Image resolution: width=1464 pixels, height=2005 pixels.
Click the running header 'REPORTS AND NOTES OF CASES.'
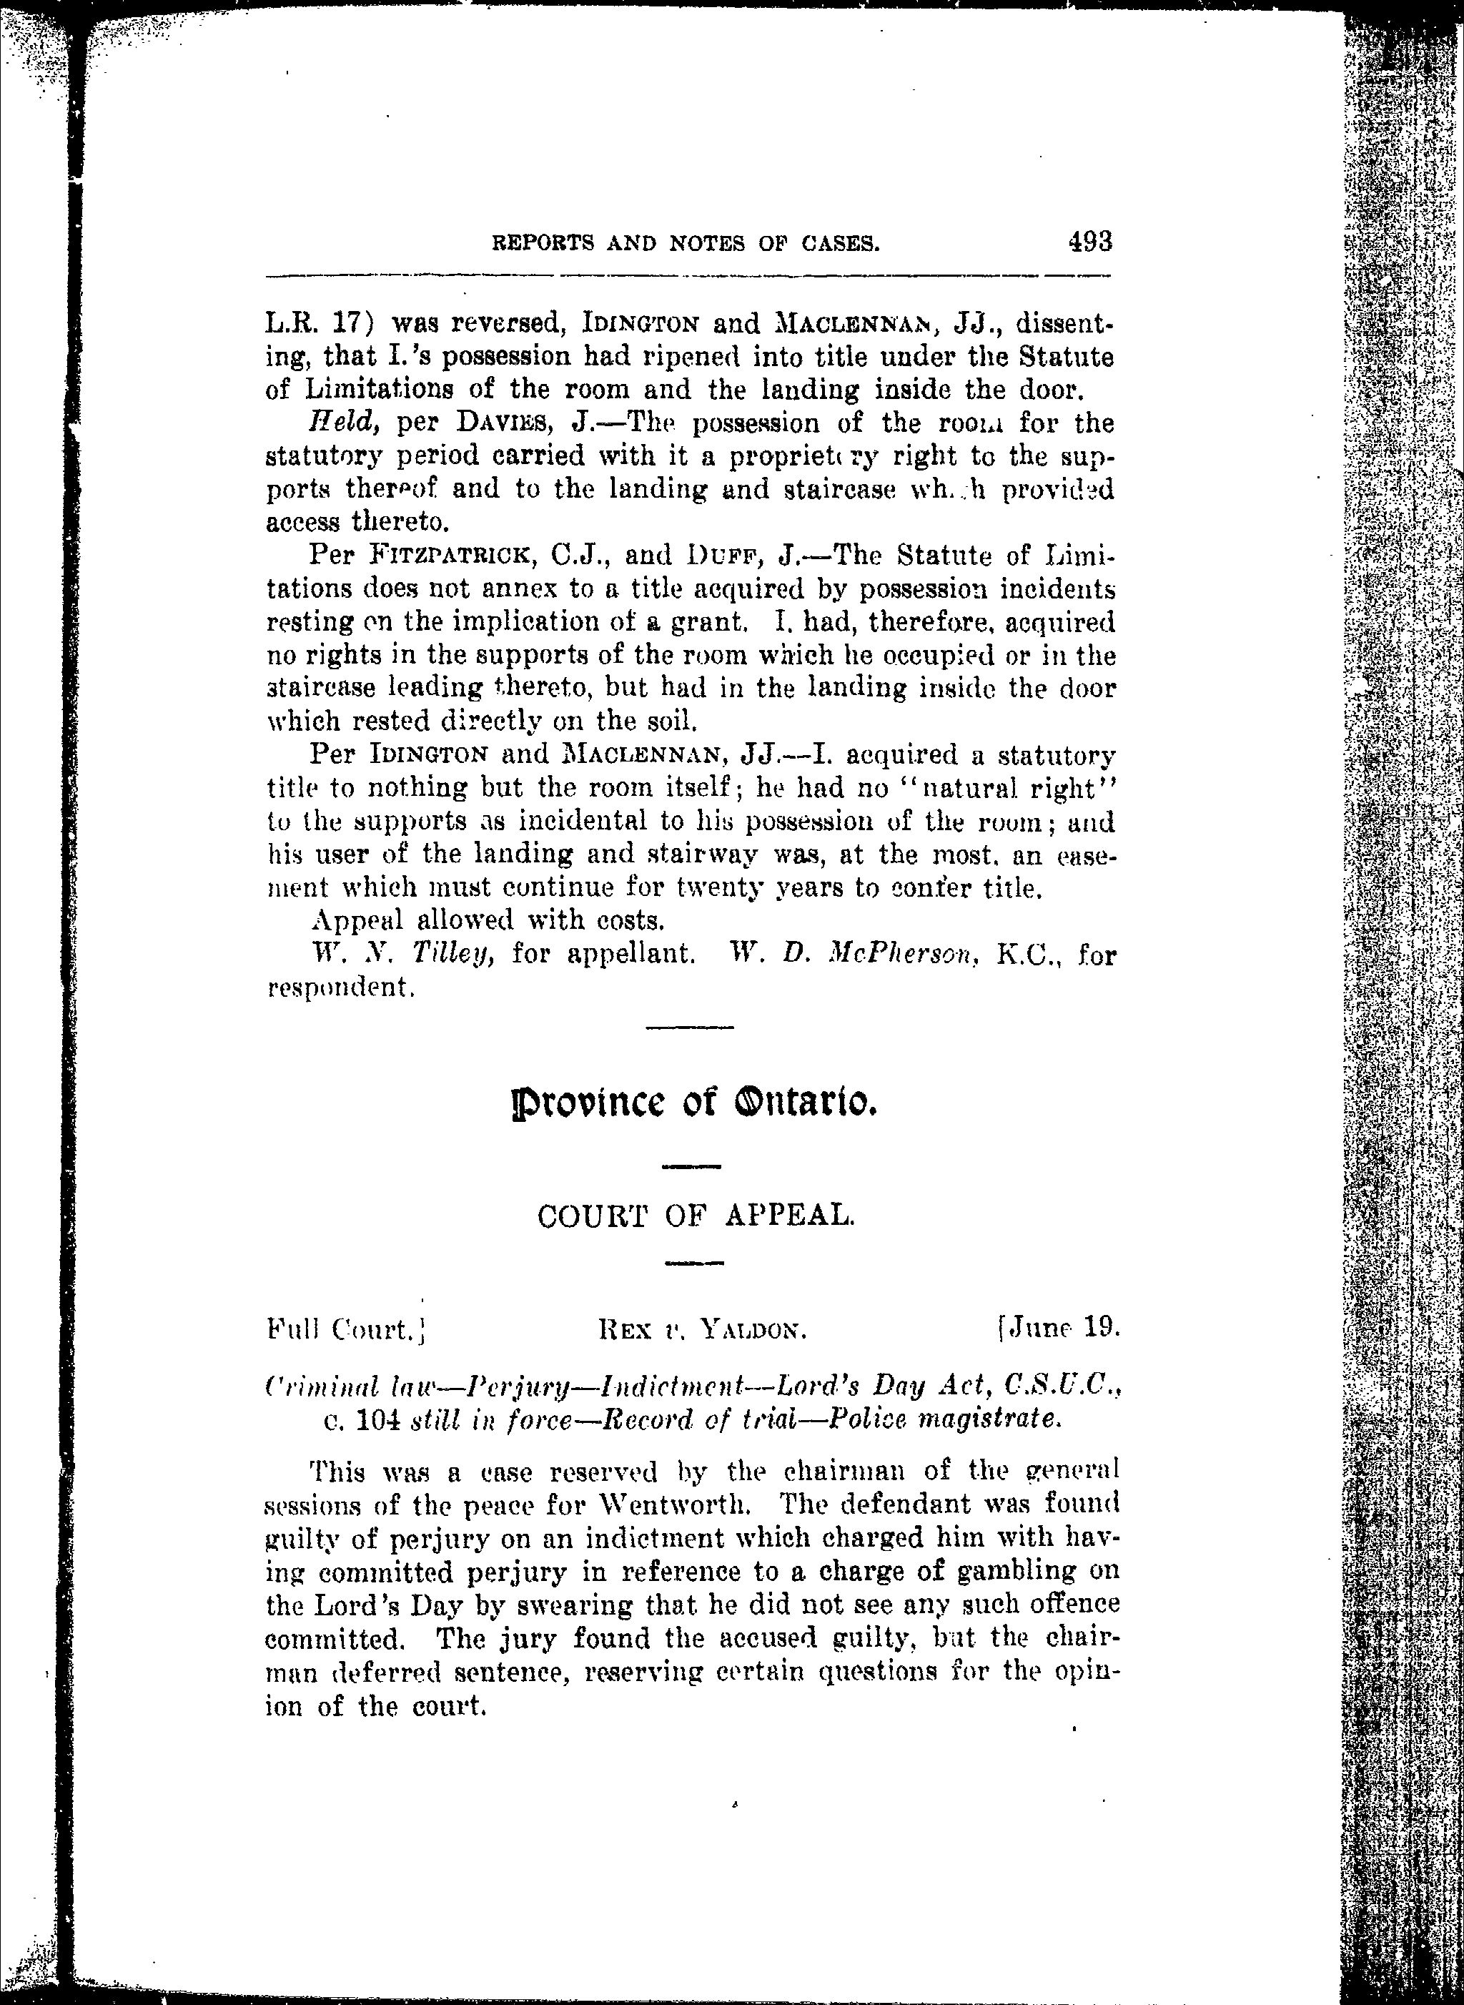coord(686,243)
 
